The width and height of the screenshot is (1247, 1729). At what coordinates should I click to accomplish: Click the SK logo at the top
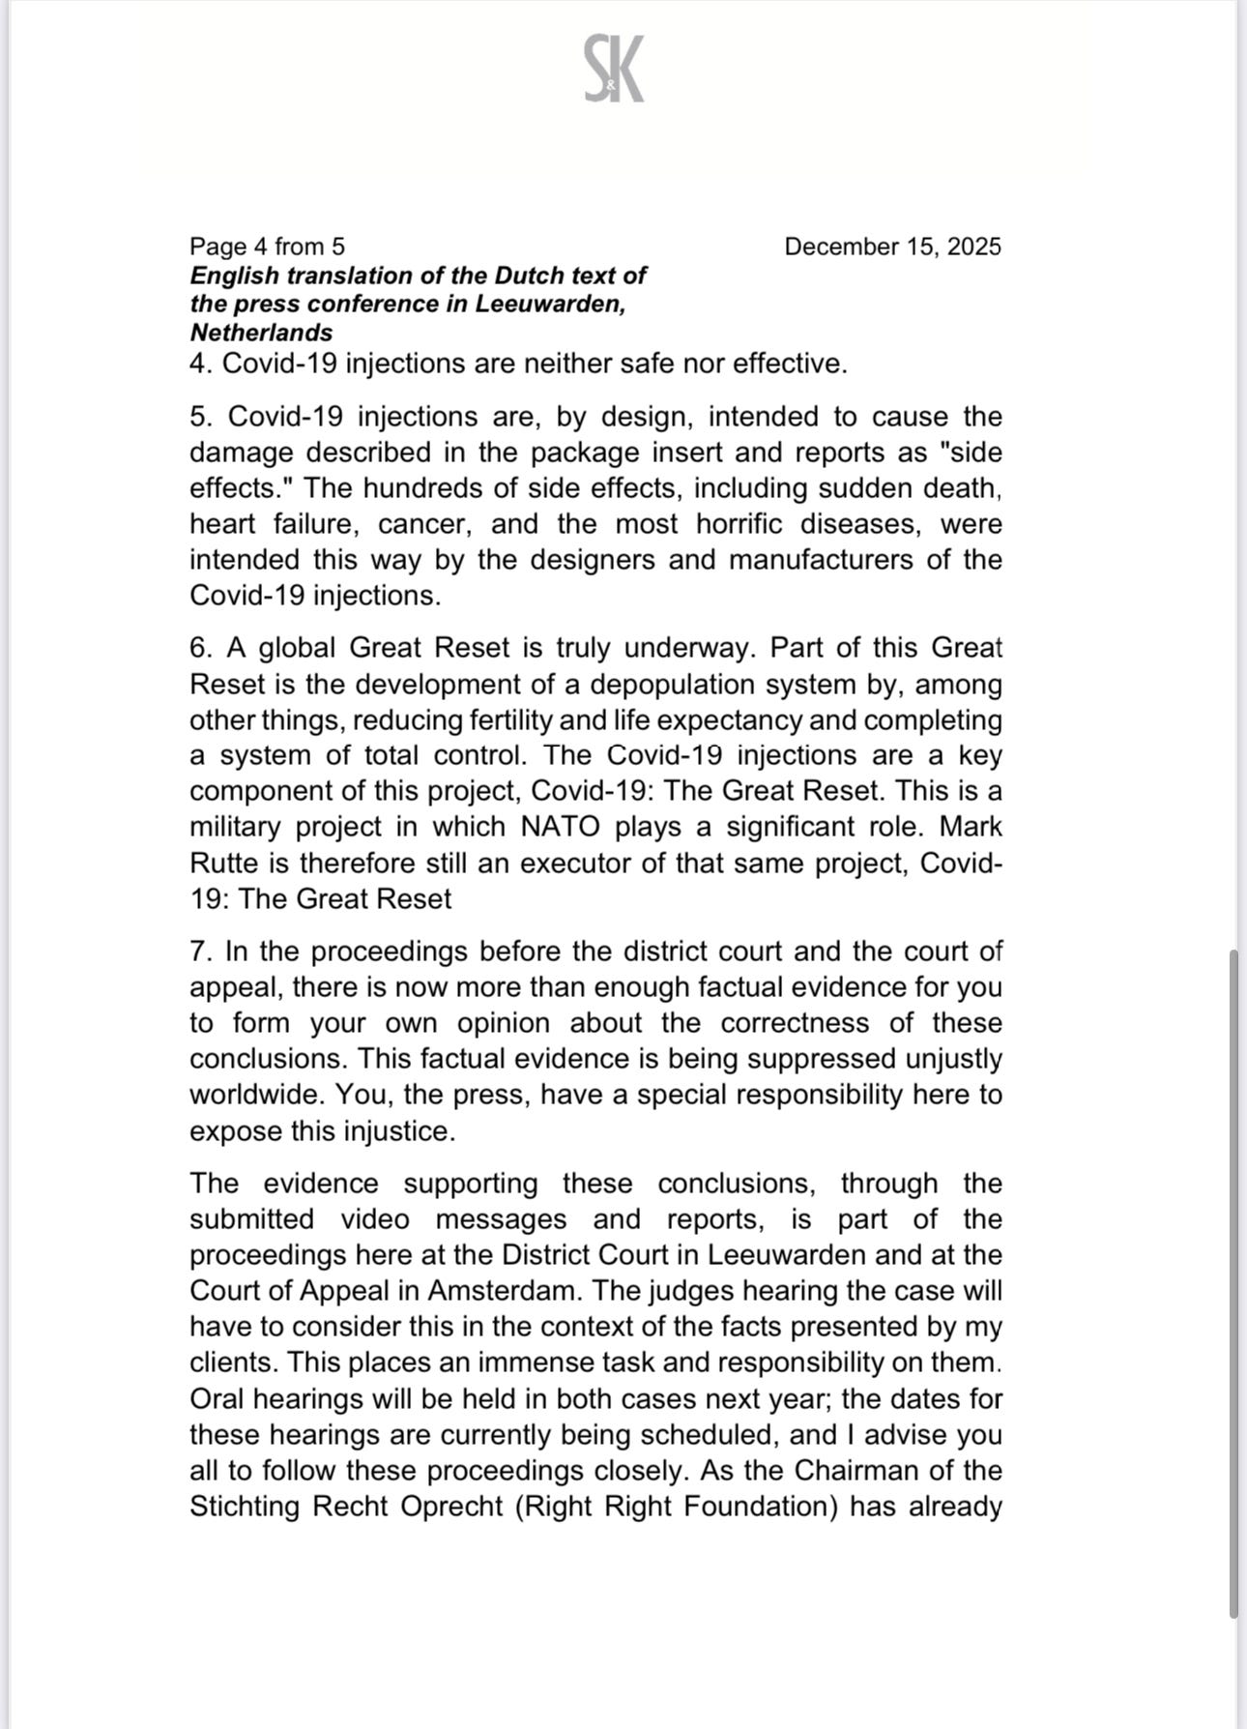[x=614, y=69]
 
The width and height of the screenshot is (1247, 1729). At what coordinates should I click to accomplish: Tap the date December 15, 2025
[x=892, y=247]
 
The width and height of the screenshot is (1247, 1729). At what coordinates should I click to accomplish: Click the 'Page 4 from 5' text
[x=267, y=247]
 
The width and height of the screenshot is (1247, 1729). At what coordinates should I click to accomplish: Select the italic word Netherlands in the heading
[x=261, y=333]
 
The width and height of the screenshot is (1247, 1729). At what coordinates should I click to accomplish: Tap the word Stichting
[x=245, y=1506]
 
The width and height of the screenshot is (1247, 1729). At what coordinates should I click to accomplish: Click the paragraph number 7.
[x=200, y=952]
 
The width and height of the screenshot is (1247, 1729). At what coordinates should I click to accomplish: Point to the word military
[x=236, y=827]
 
